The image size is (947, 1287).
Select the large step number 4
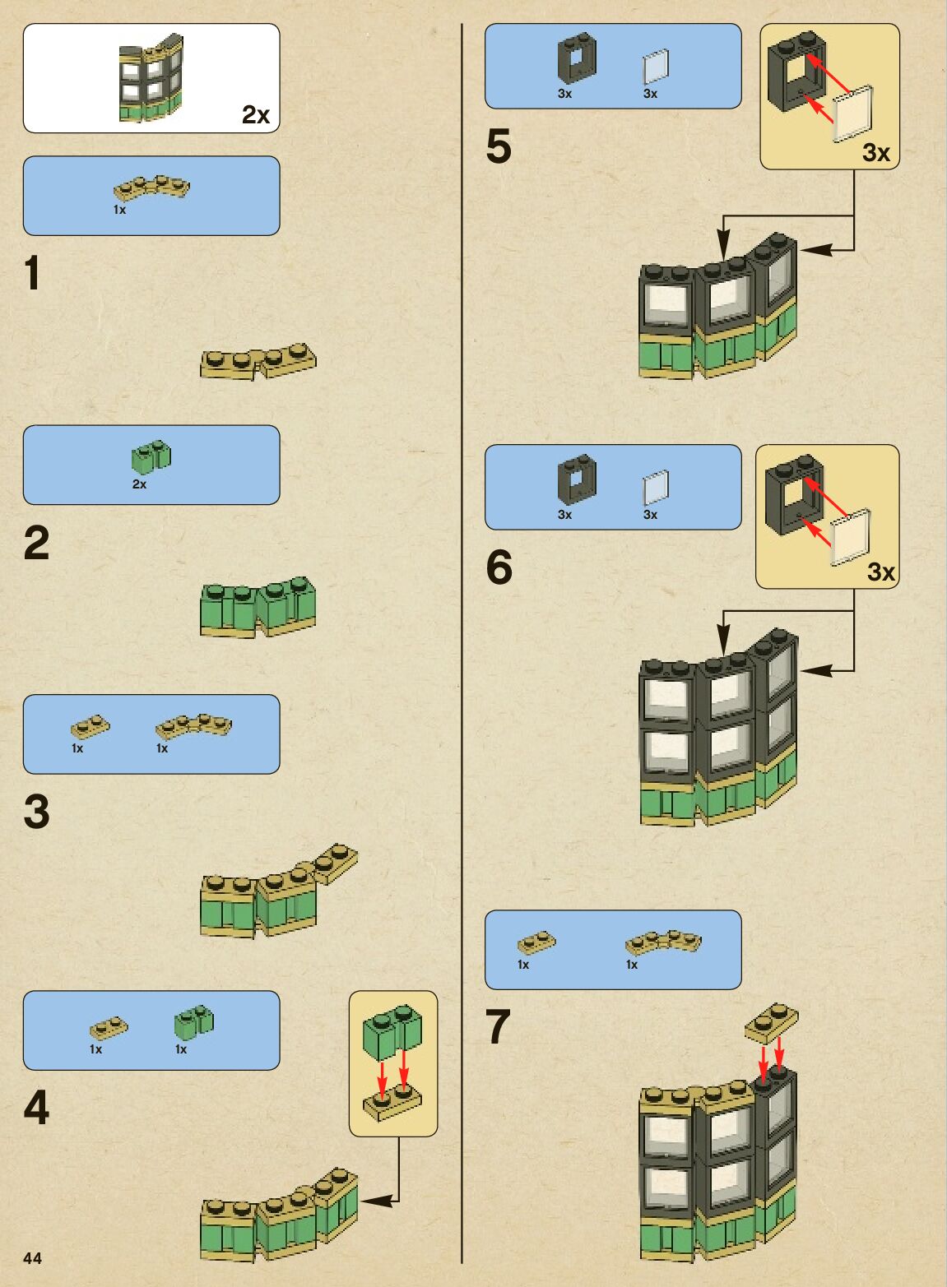[x=36, y=1107]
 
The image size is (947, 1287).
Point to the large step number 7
[x=498, y=1026]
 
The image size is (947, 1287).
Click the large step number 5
[x=499, y=146]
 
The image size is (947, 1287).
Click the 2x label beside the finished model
[x=256, y=114]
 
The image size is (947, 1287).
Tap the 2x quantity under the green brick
[x=139, y=484]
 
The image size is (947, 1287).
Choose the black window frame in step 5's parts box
[x=577, y=58]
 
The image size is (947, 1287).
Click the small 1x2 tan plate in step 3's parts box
[x=91, y=727]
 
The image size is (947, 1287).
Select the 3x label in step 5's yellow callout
[x=875, y=153]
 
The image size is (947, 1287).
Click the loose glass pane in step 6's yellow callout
[x=851, y=537]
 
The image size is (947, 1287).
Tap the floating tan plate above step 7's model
[x=772, y=1023]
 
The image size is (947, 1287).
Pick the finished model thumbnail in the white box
[x=151, y=77]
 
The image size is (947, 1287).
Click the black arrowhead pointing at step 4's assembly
[x=377, y=1201]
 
